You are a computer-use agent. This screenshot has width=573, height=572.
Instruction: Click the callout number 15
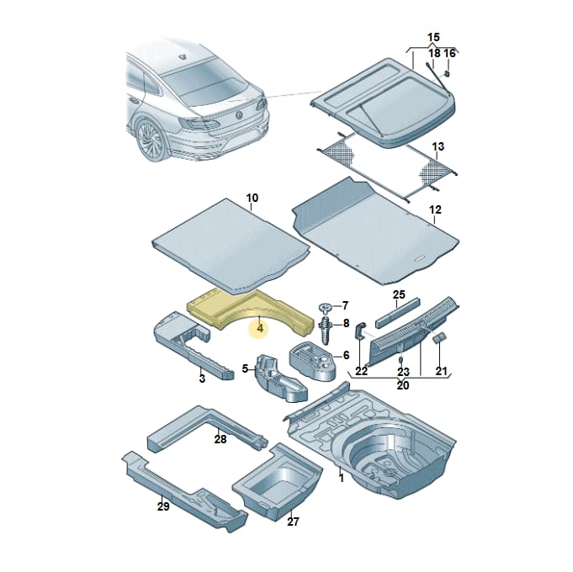pyautogui.click(x=433, y=37)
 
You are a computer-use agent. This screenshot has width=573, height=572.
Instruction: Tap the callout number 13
pyautogui.click(x=438, y=147)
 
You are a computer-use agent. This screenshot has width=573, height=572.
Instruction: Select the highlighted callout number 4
pyautogui.click(x=260, y=328)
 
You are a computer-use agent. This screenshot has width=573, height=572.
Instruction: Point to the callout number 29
pyautogui.click(x=163, y=506)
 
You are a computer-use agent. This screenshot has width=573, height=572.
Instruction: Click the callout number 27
pyautogui.click(x=293, y=522)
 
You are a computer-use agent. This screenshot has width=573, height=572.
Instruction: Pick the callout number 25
pyautogui.click(x=399, y=294)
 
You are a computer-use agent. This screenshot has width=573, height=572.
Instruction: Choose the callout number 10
pyautogui.click(x=252, y=198)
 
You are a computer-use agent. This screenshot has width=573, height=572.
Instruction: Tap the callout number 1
pyautogui.click(x=342, y=478)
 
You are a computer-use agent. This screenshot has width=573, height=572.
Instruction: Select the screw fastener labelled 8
pyautogui.click(x=326, y=329)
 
